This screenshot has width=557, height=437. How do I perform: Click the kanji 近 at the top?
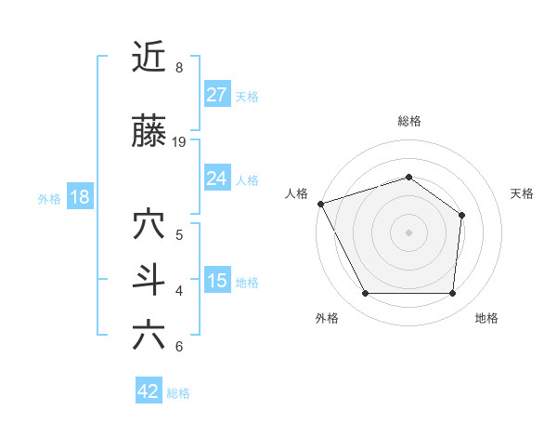click(149, 58)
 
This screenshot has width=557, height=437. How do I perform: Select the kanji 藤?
click(149, 132)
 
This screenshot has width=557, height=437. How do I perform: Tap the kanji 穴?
click(149, 224)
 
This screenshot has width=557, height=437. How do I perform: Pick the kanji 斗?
click(149, 280)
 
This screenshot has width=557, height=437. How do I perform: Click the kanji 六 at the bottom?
click(149, 336)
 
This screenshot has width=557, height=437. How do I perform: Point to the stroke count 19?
click(180, 142)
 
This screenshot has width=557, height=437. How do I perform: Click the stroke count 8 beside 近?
click(178, 68)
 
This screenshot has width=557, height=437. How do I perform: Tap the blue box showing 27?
click(217, 95)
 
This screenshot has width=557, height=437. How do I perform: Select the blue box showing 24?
click(217, 179)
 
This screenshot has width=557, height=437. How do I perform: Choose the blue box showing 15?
click(217, 281)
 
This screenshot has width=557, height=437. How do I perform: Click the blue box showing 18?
click(79, 197)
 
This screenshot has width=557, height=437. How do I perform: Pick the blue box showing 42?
click(149, 391)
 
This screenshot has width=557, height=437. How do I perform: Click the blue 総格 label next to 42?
click(178, 393)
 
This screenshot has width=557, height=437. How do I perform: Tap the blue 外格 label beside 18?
click(49, 198)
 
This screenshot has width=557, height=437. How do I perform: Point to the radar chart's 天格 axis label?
click(523, 193)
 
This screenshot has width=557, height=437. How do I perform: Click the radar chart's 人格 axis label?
click(296, 193)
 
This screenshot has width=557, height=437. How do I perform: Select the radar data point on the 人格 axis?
click(320, 204)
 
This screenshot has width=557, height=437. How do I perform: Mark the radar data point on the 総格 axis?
click(408, 177)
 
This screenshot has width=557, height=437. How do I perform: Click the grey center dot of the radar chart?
click(408, 232)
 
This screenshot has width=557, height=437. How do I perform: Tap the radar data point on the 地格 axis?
click(452, 294)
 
